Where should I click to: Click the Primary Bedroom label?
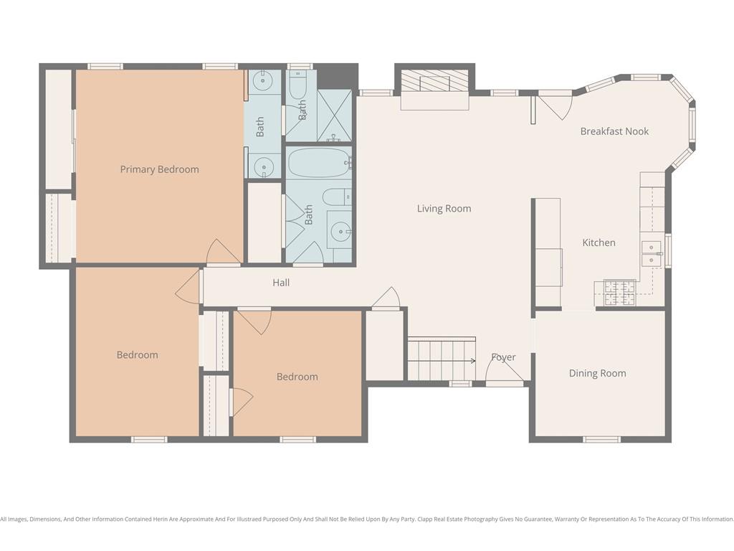coord(159,169)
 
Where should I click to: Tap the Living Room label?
coord(444,209)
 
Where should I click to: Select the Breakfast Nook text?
coord(614,131)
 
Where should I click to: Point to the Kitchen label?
coord(599,242)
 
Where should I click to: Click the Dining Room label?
coord(597,373)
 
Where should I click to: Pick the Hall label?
coord(281,283)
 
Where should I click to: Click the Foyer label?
coord(503,357)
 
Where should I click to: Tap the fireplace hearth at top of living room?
coord(434,81)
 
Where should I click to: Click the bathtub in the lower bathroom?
coord(318,162)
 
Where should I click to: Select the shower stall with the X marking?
coord(334,116)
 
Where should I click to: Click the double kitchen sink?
coord(652,253)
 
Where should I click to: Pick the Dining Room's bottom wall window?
coord(602,440)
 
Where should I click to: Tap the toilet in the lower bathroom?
coord(337,197)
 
